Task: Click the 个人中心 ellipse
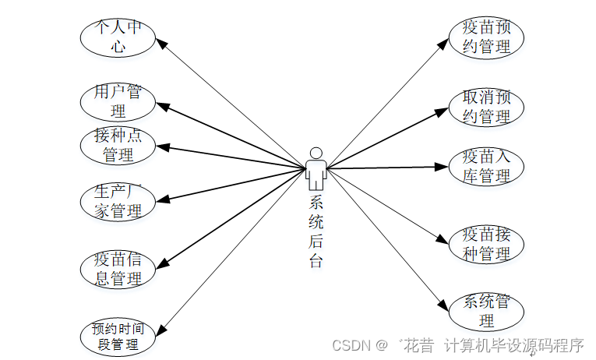coord(118,37)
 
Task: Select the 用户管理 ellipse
coord(118,101)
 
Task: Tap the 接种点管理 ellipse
coord(118,145)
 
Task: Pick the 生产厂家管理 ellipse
coord(118,201)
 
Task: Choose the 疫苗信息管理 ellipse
coord(118,268)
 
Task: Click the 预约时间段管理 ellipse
coord(118,336)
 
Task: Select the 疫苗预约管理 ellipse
coord(486,37)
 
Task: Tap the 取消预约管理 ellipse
coord(486,107)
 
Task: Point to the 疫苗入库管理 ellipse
coord(486,166)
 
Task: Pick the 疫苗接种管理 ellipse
coord(486,243)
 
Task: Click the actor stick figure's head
coord(316,152)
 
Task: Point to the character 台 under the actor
coord(316,261)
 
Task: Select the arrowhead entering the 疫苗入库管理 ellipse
coord(446,167)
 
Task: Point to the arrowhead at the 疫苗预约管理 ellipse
coord(447,44)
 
